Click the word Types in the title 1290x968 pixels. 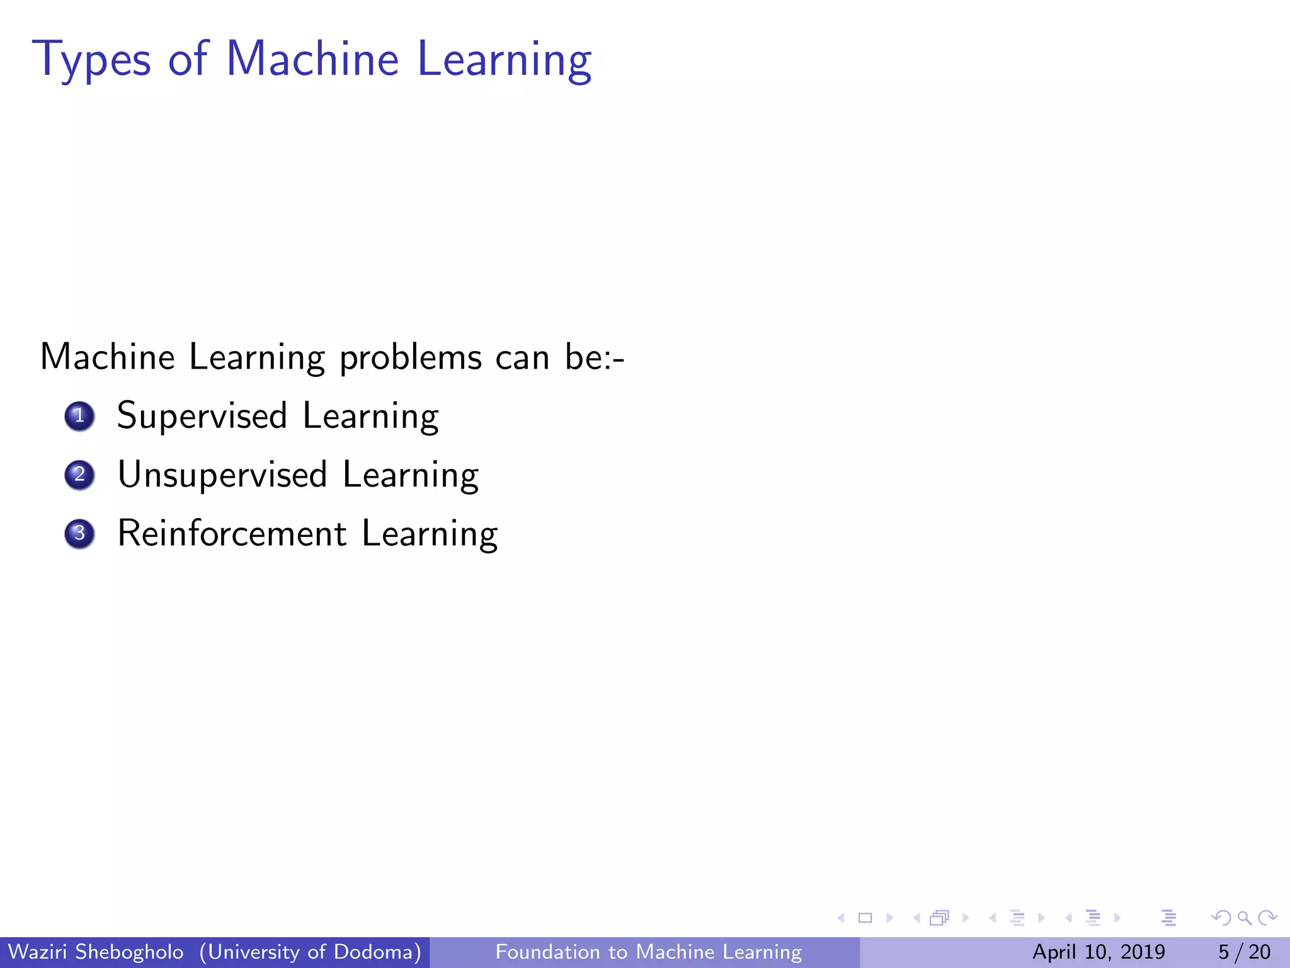coord(92,60)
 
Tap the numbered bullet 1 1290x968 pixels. coord(79,416)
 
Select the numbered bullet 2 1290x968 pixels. coord(79,475)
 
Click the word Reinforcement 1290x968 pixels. coord(232,534)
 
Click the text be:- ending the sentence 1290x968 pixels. coord(594,357)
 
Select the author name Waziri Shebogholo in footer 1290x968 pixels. coord(96,952)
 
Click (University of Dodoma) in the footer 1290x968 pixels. coord(311,952)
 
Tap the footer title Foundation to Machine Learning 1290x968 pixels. coord(649,952)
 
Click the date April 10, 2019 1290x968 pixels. coord(1099,952)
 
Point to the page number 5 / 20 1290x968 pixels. coord(1244,952)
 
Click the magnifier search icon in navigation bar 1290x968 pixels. coord(1244,918)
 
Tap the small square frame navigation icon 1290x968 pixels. coord(865,918)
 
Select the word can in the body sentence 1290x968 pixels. coord(522,357)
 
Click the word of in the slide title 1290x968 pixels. coord(188,59)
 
